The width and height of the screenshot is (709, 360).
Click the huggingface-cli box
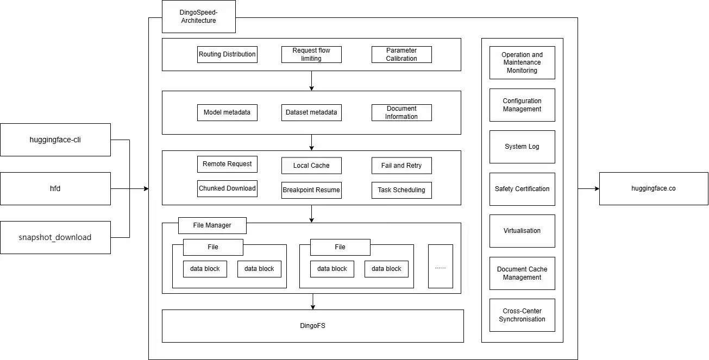[x=55, y=140]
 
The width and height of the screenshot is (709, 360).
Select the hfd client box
[x=55, y=188]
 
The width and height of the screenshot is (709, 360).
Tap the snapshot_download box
[x=55, y=237]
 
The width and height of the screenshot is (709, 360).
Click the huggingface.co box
[x=654, y=188]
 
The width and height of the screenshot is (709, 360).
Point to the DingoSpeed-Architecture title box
[x=198, y=16]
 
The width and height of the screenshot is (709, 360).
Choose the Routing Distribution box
[x=227, y=54]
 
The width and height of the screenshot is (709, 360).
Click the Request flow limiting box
[x=311, y=54]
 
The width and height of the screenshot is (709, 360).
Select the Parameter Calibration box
[x=401, y=54]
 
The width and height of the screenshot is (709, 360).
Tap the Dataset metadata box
[x=311, y=112]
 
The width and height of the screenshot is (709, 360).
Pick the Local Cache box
[x=311, y=166]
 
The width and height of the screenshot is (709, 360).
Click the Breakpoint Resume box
[x=311, y=190]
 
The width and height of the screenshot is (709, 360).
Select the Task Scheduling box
[x=401, y=190]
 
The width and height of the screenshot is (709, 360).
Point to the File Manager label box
[x=212, y=225]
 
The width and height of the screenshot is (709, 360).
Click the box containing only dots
[x=440, y=266]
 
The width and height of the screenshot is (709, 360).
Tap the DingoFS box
[x=313, y=326]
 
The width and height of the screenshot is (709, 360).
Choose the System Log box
[x=522, y=147]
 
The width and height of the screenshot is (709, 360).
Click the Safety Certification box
[x=522, y=189]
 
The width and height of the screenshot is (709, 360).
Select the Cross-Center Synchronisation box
[x=522, y=315]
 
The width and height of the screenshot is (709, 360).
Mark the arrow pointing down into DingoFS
[x=312, y=306]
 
